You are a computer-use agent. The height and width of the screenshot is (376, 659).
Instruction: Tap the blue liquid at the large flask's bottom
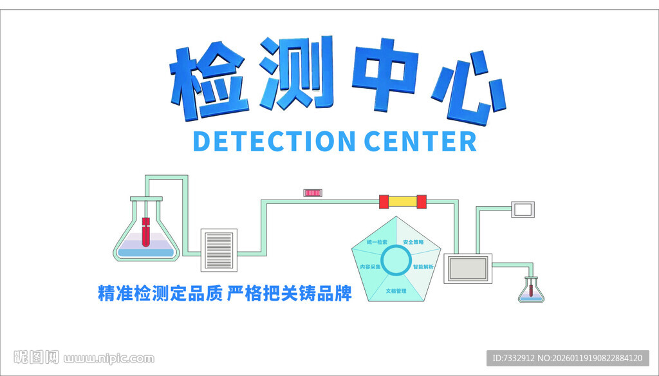(x=147, y=252)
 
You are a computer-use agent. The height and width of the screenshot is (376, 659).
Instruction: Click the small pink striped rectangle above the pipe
(x=314, y=193)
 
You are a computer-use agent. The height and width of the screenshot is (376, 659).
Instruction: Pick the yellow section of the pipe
(x=403, y=202)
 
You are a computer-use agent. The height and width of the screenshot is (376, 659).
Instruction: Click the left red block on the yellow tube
(x=384, y=202)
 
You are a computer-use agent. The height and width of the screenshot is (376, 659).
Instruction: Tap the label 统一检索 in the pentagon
(x=377, y=242)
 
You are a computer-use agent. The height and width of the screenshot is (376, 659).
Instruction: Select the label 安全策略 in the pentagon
(x=413, y=242)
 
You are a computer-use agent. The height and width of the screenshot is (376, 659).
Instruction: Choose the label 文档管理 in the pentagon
(x=396, y=291)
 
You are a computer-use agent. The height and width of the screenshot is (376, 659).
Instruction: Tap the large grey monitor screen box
(x=469, y=268)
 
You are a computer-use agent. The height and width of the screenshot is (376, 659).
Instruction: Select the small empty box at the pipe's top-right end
(x=523, y=209)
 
